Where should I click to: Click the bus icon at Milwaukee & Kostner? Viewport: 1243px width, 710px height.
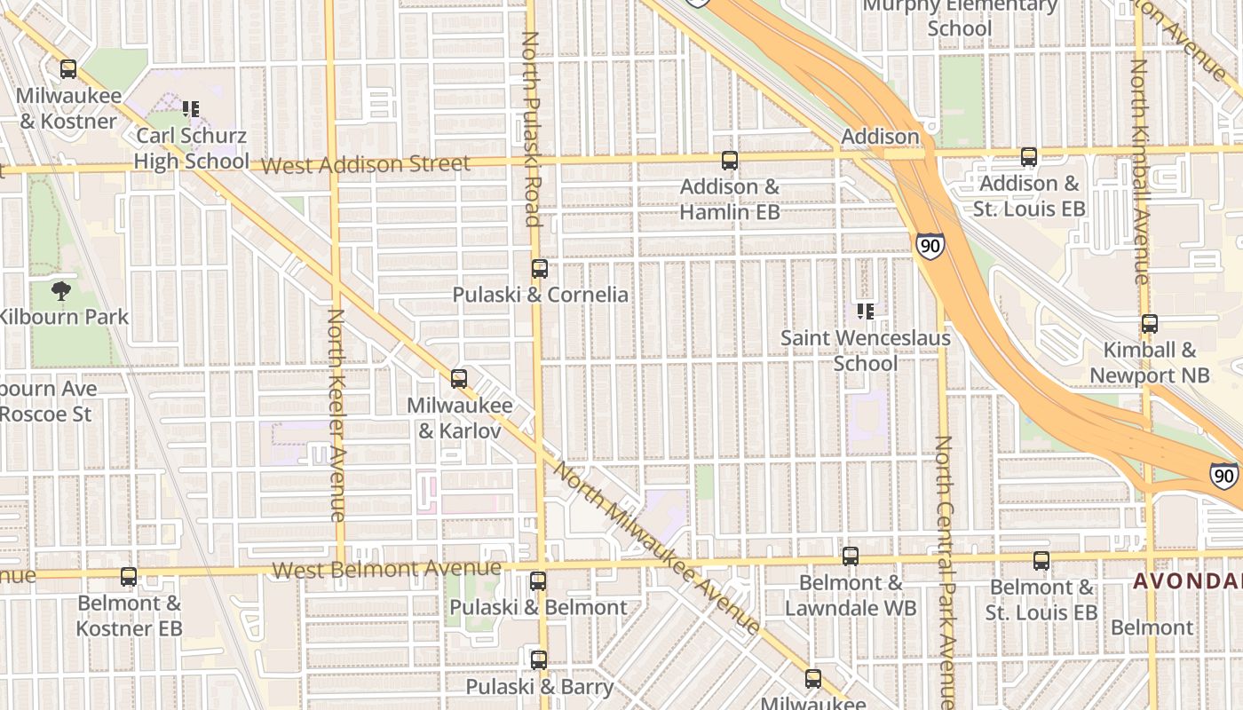68,69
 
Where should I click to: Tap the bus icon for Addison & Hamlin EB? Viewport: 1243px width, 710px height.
730,161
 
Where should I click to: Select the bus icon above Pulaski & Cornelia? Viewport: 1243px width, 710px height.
540,269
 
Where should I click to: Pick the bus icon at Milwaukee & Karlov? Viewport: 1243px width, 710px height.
459,379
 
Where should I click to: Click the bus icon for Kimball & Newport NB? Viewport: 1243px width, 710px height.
1150,324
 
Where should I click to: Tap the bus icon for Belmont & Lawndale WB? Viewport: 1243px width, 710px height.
851,556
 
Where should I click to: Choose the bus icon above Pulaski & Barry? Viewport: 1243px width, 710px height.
539,660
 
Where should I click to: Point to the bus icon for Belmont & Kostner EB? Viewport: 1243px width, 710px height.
129,577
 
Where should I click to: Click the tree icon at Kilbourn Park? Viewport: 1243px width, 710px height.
61,290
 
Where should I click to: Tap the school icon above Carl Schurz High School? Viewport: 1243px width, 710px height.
191,109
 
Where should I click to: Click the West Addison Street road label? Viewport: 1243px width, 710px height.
366,165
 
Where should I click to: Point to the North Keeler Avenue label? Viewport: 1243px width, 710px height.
336,414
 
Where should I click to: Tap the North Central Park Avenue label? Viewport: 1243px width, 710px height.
945,572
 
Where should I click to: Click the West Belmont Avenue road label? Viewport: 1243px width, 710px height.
386,568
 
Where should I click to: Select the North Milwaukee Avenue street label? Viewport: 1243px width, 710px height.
656,548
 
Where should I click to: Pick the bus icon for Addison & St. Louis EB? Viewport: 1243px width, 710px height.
1029,157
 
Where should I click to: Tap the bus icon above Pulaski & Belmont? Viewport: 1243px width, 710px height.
538,581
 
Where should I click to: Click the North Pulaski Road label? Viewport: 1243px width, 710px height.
531,129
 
